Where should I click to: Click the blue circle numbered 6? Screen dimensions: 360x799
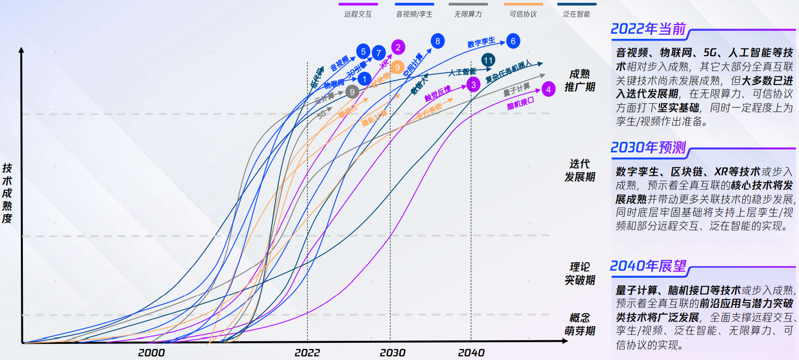click(x=513, y=41)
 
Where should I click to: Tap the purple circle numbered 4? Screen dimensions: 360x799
click(x=548, y=89)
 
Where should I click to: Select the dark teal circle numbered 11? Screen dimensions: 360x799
click(x=488, y=60)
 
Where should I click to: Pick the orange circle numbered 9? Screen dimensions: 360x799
click(x=397, y=67)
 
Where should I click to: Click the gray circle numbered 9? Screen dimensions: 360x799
click(x=352, y=92)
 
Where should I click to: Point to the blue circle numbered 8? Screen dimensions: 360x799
click(x=438, y=41)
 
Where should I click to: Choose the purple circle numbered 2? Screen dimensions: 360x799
click(x=398, y=47)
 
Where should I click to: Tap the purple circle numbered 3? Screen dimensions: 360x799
click(x=473, y=84)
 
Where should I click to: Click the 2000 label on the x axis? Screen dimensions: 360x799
click(x=151, y=353)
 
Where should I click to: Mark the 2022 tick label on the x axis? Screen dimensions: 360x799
click(x=307, y=353)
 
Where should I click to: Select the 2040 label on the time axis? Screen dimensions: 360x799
click(x=471, y=353)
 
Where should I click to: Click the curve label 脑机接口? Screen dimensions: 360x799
click(x=521, y=102)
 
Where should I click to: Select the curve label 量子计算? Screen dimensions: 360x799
click(x=516, y=89)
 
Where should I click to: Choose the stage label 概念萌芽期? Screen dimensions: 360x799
click(x=580, y=324)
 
